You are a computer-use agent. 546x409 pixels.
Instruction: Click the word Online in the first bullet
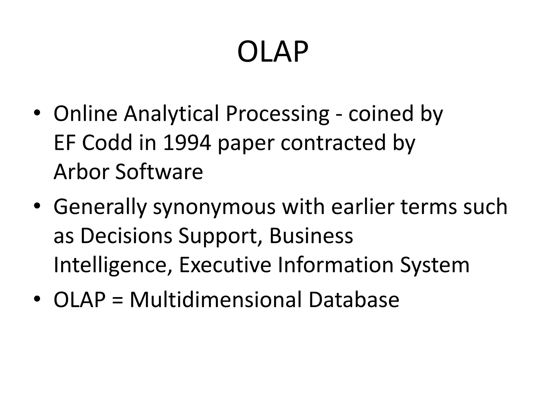[x=85, y=114]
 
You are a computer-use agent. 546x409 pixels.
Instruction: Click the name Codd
[x=107, y=143]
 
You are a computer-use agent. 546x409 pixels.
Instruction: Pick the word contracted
[x=333, y=143]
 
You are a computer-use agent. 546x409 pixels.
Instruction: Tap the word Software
[x=159, y=172]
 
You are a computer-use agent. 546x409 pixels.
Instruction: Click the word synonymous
[x=214, y=207]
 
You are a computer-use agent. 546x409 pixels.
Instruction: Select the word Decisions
[x=126, y=236]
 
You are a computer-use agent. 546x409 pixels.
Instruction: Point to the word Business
[x=311, y=236]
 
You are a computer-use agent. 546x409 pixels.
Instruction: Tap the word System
[x=435, y=265]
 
